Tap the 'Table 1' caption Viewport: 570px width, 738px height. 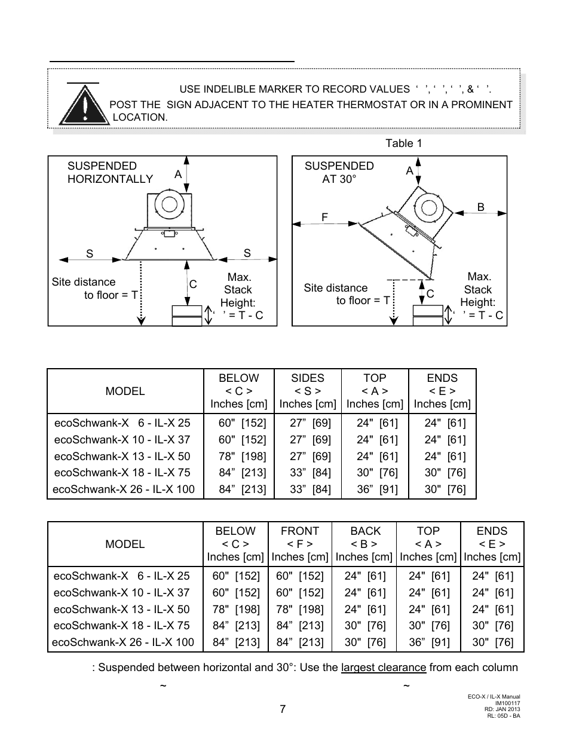pos(403,143)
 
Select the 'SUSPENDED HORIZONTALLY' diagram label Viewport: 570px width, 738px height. pos(110,172)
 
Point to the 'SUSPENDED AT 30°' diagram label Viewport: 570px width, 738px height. pos(339,172)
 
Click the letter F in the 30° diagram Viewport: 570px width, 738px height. pos(325,218)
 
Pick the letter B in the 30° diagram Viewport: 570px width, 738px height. pos(480,207)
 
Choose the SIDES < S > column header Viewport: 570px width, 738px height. pos(307,391)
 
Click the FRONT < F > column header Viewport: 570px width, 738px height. pos(299,544)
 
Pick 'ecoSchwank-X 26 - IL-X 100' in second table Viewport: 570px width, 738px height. pos(124,642)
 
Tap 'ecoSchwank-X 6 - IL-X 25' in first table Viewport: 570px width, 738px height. pos(122,423)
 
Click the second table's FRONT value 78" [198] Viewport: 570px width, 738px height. pos(299,610)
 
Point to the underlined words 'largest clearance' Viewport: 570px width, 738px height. pos(384,667)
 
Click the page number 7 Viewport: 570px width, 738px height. pos(283,709)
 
